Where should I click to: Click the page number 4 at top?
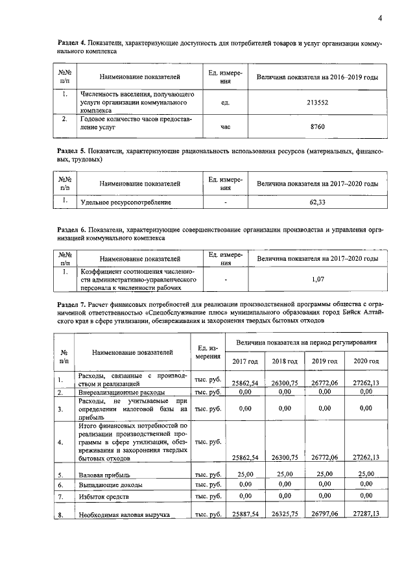380,18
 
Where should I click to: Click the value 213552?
317,102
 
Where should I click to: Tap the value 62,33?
317,202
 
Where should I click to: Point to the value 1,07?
317,279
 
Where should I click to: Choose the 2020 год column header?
364,361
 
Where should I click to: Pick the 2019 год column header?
324,361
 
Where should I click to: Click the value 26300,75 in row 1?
285,383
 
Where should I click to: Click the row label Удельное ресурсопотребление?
125,202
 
